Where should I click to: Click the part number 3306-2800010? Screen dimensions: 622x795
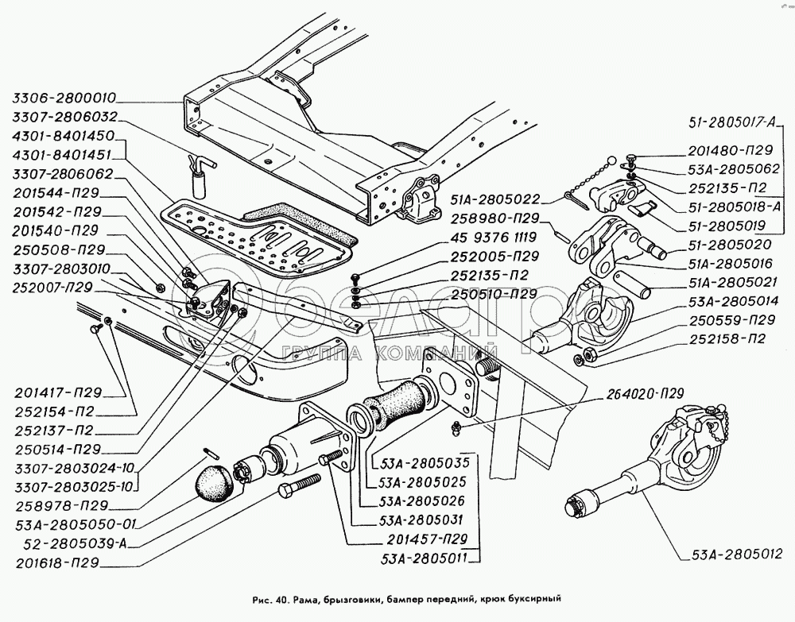click(64, 99)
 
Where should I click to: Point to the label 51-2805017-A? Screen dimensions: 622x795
click(735, 123)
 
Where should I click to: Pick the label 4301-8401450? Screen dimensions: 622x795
click(64, 136)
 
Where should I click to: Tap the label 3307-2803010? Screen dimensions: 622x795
click(61, 268)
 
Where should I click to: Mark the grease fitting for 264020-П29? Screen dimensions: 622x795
click(457, 429)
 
